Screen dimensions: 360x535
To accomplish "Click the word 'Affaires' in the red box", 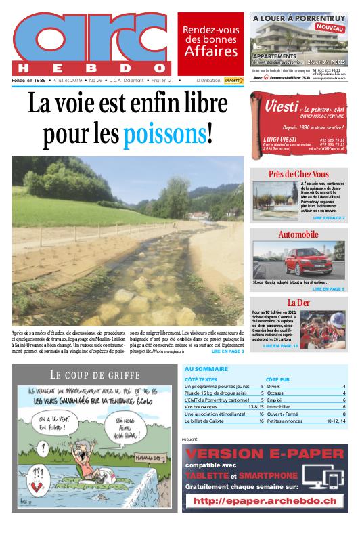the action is pyautogui.click(x=211, y=51).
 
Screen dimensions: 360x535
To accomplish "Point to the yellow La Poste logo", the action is pyautogui.click(x=233, y=81).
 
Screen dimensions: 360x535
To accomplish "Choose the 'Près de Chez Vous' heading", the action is pyautogui.click(x=298, y=174).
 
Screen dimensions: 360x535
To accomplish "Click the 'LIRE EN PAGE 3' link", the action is pyautogui.click(x=227, y=351).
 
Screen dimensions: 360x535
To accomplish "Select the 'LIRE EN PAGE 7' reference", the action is pyautogui.click(x=329, y=218).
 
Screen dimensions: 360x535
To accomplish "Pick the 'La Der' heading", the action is pyautogui.click(x=298, y=302).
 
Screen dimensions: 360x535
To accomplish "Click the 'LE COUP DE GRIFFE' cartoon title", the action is pyautogui.click(x=95, y=374).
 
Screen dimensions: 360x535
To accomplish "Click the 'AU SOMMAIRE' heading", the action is pyautogui.click(x=206, y=369).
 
